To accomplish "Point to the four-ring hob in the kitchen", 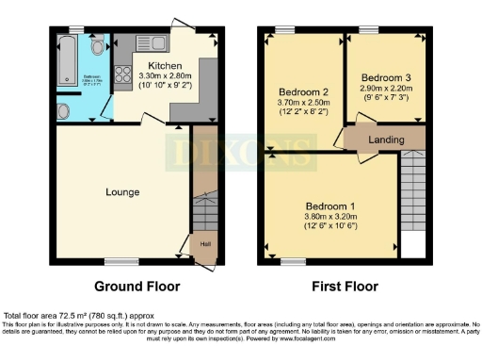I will point(123,75).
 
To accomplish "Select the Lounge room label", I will point(122,192).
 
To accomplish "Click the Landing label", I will point(387,140).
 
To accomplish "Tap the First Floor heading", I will point(344,285).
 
